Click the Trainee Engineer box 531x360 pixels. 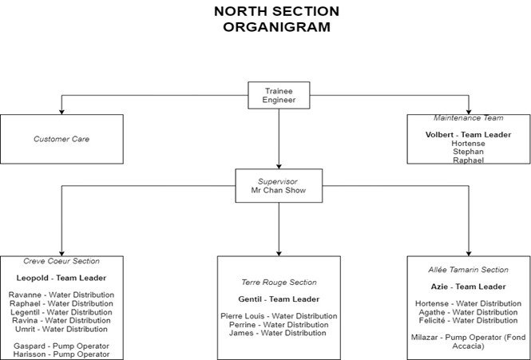tap(279, 95)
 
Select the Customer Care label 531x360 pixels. tap(61, 139)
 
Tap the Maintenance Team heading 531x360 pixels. tap(469, 118)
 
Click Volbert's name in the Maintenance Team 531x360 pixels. tap(439, 134)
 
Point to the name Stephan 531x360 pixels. tap(469, 152)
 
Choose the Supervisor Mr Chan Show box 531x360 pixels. tap(279, 186)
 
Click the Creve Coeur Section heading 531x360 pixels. tap(61, 261)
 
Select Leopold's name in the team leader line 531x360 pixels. tap(32, 278)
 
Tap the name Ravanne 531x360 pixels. tap(25, 295)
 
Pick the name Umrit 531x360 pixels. tap(25, 329)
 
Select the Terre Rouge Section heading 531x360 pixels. tap(279, 283)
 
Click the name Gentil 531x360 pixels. tap(250, 299)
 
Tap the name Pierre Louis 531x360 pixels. tap(242, 316)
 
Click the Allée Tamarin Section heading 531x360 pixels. tap(469, 270)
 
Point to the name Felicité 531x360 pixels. tap(431, 320)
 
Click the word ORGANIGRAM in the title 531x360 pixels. tap(276, 27)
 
